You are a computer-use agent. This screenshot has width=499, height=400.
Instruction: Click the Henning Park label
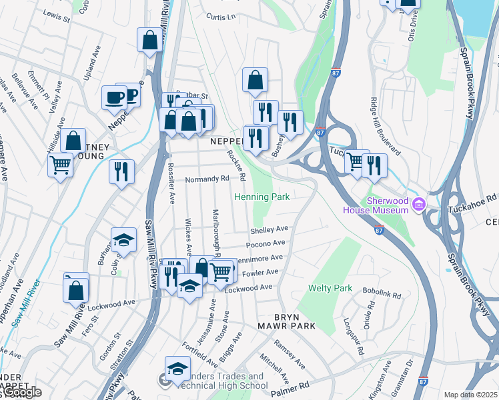[262, 197]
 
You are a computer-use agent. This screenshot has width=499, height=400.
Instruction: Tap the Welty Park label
[330, 289]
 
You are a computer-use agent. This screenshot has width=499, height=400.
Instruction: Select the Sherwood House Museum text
[375, 206]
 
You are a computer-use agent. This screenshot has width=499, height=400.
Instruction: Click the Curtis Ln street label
[221, 17]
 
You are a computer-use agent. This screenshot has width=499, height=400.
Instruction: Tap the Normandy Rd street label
[207, 179]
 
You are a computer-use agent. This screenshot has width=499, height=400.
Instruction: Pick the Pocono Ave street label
[270, 244]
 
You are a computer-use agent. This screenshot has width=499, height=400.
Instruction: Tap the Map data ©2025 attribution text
[471, 395]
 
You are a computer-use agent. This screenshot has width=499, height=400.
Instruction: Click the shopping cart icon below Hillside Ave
[60, 164]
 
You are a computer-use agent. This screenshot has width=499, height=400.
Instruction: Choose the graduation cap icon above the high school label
[177, 369]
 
